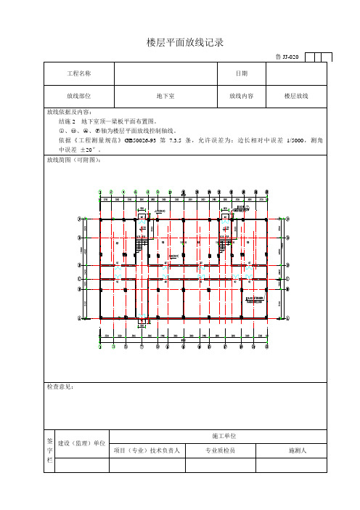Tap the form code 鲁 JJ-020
(287, 57)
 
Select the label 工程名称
(79, 73)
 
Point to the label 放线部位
(79, 95)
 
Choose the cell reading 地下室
(166, 95)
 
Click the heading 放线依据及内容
(69, 113)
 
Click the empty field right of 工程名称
(166, 73)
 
